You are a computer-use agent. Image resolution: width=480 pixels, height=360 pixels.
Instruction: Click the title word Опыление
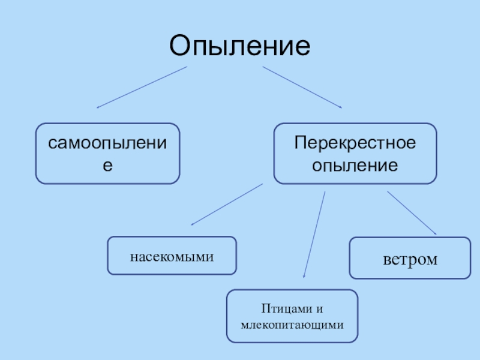240,45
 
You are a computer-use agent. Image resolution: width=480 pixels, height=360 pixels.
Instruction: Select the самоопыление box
108,153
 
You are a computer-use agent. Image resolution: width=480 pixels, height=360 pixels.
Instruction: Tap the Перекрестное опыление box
355,153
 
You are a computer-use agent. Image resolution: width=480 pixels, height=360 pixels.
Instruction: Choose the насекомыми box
172,257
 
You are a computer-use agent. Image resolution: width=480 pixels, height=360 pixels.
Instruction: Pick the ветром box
410,258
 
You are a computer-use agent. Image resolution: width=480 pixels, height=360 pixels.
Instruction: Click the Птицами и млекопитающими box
292,316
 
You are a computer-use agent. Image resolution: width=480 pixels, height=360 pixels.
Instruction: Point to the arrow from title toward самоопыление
142,88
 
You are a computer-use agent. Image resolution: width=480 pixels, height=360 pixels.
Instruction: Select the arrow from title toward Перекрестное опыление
302,88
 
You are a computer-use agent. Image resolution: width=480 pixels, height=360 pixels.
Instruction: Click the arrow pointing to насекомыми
227,205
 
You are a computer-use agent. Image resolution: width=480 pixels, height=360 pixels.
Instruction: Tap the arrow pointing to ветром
412,213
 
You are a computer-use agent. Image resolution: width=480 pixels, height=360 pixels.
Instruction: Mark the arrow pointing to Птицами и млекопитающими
314,235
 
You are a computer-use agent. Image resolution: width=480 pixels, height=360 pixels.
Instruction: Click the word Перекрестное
355,143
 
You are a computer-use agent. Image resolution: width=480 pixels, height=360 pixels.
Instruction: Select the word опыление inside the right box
355,164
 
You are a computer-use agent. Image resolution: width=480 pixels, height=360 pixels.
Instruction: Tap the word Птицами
280,309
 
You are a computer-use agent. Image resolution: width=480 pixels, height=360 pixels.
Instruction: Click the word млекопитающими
292,325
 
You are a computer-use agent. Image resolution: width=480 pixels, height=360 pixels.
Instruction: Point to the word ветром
410,259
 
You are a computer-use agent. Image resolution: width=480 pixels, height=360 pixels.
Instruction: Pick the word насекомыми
172,257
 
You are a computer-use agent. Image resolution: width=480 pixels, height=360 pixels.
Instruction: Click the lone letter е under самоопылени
107,164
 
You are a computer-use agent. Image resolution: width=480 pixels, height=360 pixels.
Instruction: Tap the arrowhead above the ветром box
434,233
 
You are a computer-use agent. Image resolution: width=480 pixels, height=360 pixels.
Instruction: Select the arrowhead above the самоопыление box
98,107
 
